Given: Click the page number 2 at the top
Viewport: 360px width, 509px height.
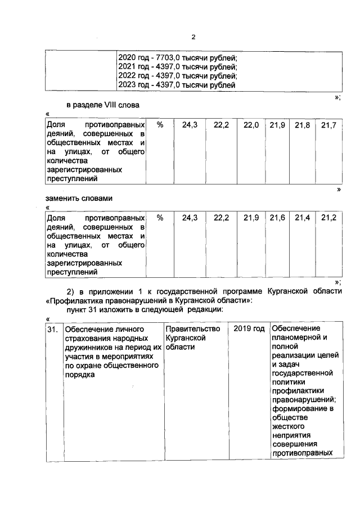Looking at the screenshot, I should click(193, 38).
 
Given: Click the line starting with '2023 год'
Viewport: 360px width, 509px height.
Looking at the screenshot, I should click(177, 85).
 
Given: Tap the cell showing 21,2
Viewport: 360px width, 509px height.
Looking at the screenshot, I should click(328, 218).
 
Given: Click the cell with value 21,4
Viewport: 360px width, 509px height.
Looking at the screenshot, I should click(303, 218).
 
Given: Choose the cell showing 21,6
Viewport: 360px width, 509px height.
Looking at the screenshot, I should click(277, 218).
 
